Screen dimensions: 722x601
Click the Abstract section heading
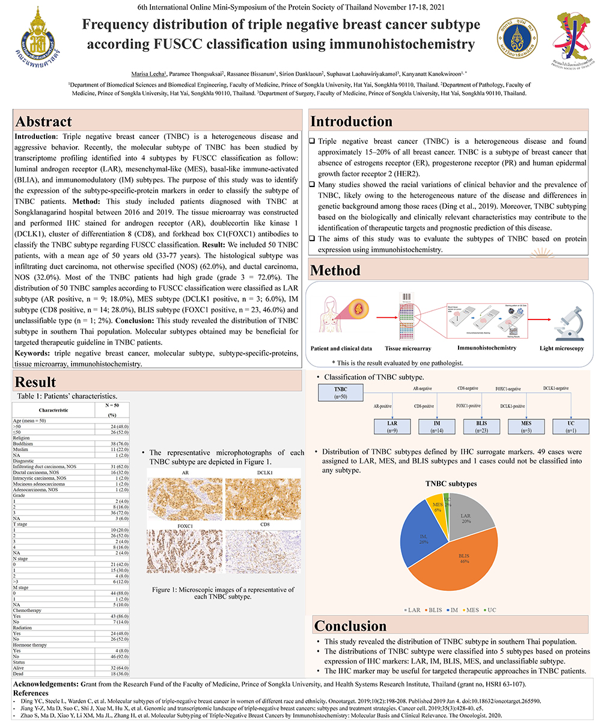[x=44, y=121]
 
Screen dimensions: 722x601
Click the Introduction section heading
[x=351, y=121]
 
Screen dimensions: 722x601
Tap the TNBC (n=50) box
[x=340, y=393]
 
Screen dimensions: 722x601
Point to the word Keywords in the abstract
[x=33, y=353]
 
